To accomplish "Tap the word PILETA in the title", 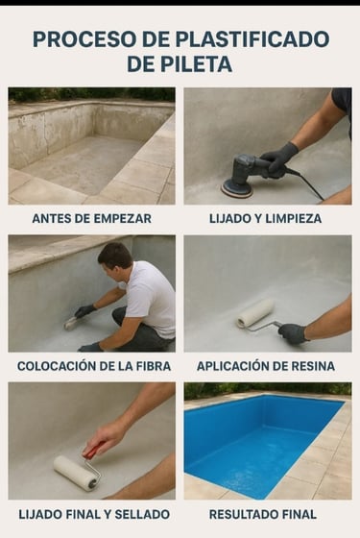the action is (x=197, y=63).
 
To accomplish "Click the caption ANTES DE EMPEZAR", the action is (x=91, y=219).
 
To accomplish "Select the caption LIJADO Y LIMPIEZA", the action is (x=265, y=219).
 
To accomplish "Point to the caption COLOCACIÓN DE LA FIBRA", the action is (x=94, y=366).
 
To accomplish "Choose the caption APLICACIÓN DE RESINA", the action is (x=266, y=366).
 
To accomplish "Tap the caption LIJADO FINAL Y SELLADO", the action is (x=94, y=514).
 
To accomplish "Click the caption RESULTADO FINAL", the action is (x=263, y=514).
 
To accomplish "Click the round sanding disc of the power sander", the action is (x=236, y=189).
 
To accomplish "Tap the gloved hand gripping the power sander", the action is (x=279, y=159).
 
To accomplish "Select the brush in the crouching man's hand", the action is (x=71, y=323).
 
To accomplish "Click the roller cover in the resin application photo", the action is (x=256, y=312).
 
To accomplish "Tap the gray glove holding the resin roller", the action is (x=292, y=333).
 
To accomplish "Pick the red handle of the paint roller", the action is (x=94, y=450).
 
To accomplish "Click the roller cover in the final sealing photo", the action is (x=75, y=473).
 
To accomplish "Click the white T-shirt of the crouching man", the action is (x=151, y=298).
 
